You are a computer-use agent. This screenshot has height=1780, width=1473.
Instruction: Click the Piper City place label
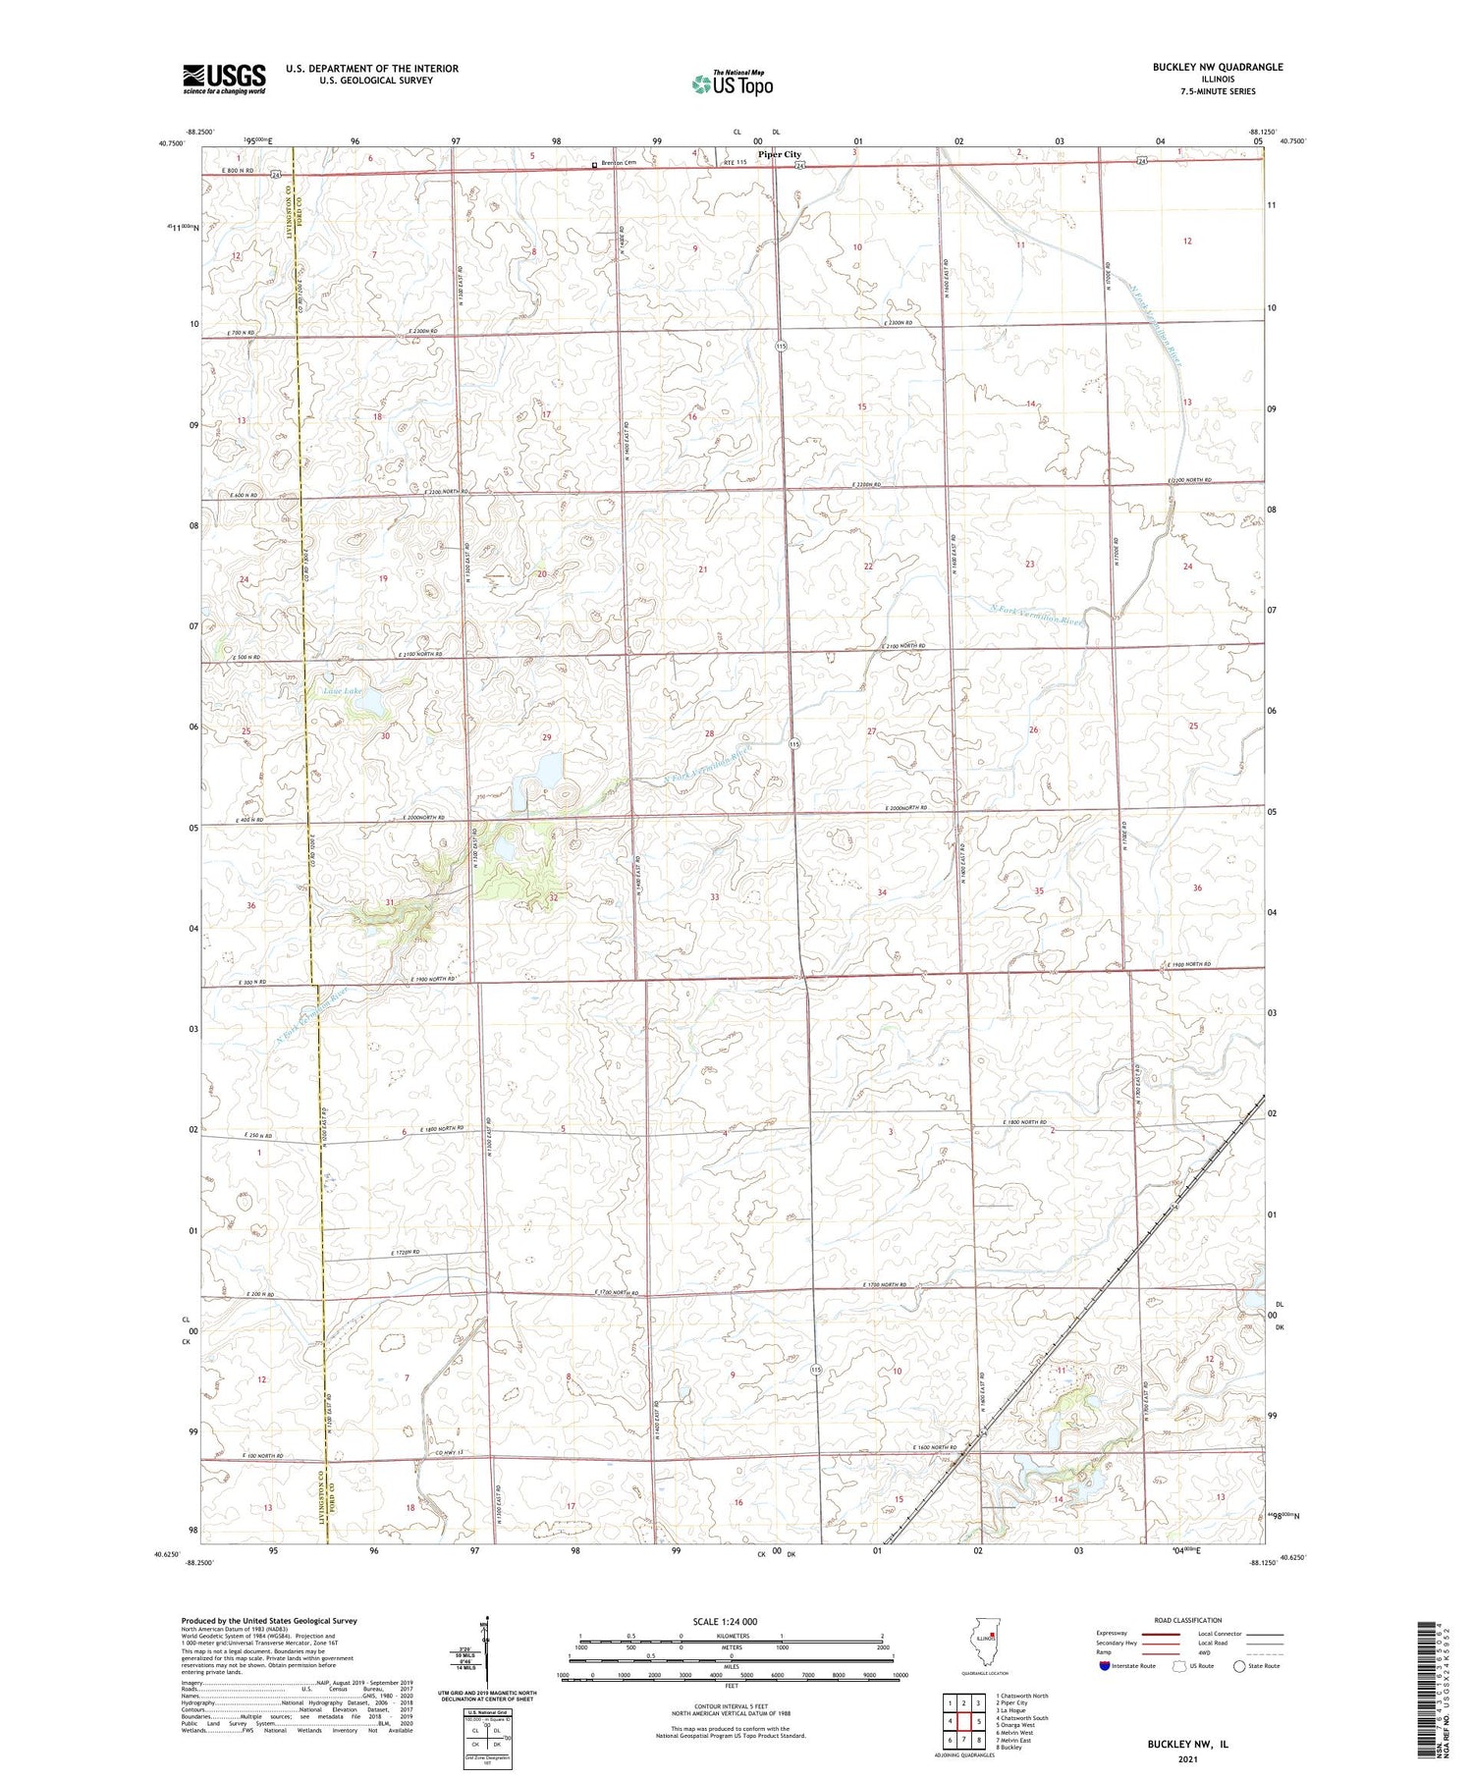pyautogui.click(x=779, y=154)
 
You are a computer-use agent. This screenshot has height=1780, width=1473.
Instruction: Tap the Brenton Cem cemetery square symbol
pyautogui.click(x=594, y=165)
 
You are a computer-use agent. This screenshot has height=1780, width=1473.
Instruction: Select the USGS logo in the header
pyautogui.click(x=224, y=79)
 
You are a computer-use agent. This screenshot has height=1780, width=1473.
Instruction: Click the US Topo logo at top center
pyautogui.click(x=733, y=84)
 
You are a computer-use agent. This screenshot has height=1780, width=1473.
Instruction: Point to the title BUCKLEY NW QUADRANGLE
pyautogui.click(x=1204, y=67)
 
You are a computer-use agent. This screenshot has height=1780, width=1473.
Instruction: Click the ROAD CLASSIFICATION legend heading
pyautogui.click(x=1188, y=1620)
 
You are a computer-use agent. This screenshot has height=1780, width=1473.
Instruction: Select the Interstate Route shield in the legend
pyautogui.click(x=1105, y=1666)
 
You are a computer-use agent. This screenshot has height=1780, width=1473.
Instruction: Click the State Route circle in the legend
pyautogui.click(x=1240, y=1666)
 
